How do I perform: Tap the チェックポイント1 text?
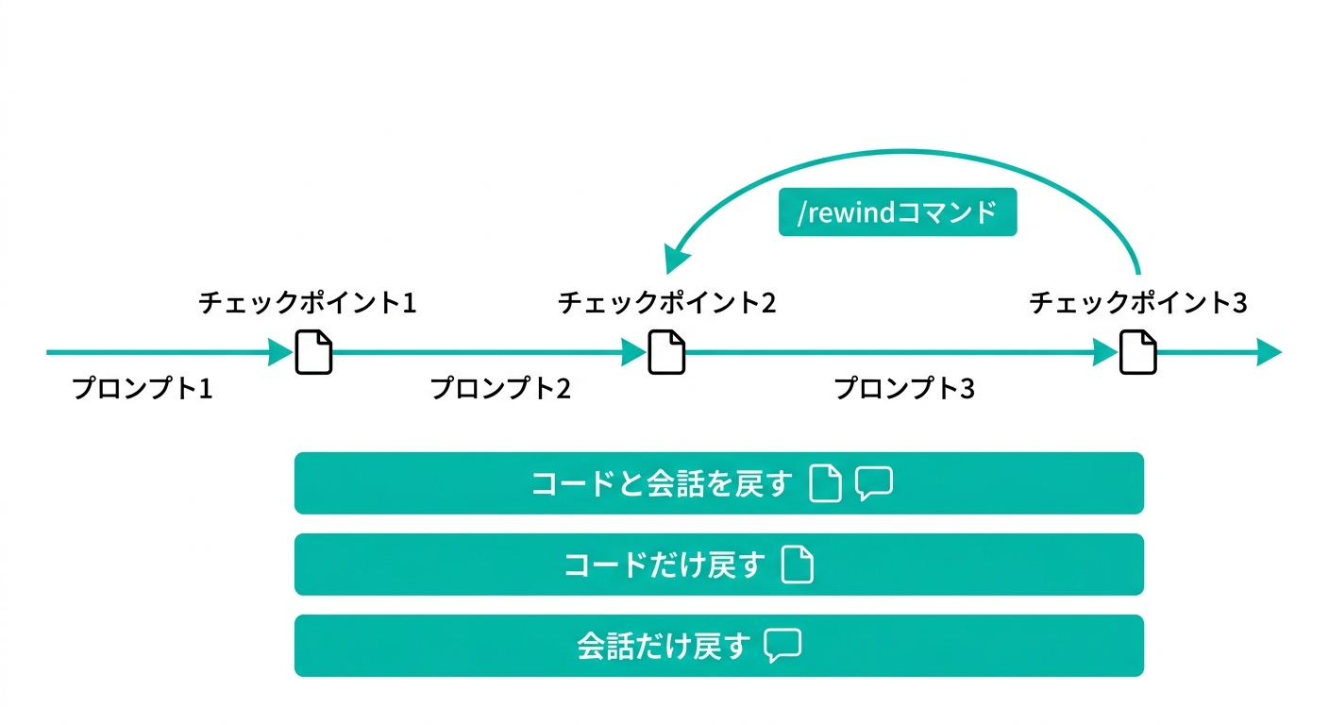[x=308, y=303]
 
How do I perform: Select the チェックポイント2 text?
[x=666, y=303]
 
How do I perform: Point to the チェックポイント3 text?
[x=1138, y=303]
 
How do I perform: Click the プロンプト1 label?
[x=143, y=388]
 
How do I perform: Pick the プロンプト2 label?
[x=500, y=388]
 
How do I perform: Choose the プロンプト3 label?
[x=904, y=388]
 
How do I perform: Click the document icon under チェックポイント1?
[x=314, y=352]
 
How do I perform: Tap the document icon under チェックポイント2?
[x=666, y=352]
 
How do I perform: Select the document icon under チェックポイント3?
[x=1138, y=352]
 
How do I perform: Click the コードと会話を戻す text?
[x=661, y=484]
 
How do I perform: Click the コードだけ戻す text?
[x=664, y=565]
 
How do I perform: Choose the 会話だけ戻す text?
[x=664, y=647]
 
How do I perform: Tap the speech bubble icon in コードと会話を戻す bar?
[x=874, y=484]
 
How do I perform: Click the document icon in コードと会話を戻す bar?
[x=826, y=484]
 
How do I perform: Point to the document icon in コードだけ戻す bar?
[x=799, y=565]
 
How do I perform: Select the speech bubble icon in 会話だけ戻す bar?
[x=782, y=647]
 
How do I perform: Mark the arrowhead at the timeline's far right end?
[x=1269, y=353]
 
